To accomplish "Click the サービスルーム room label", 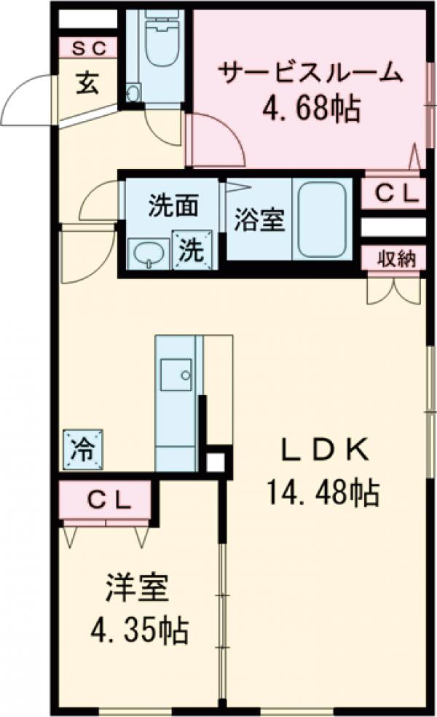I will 310,74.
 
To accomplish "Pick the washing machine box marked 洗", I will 192,250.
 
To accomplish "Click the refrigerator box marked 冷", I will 82,448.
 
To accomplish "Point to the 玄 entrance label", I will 87,83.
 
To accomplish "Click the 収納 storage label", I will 395,258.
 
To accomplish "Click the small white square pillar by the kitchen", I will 216,461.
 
